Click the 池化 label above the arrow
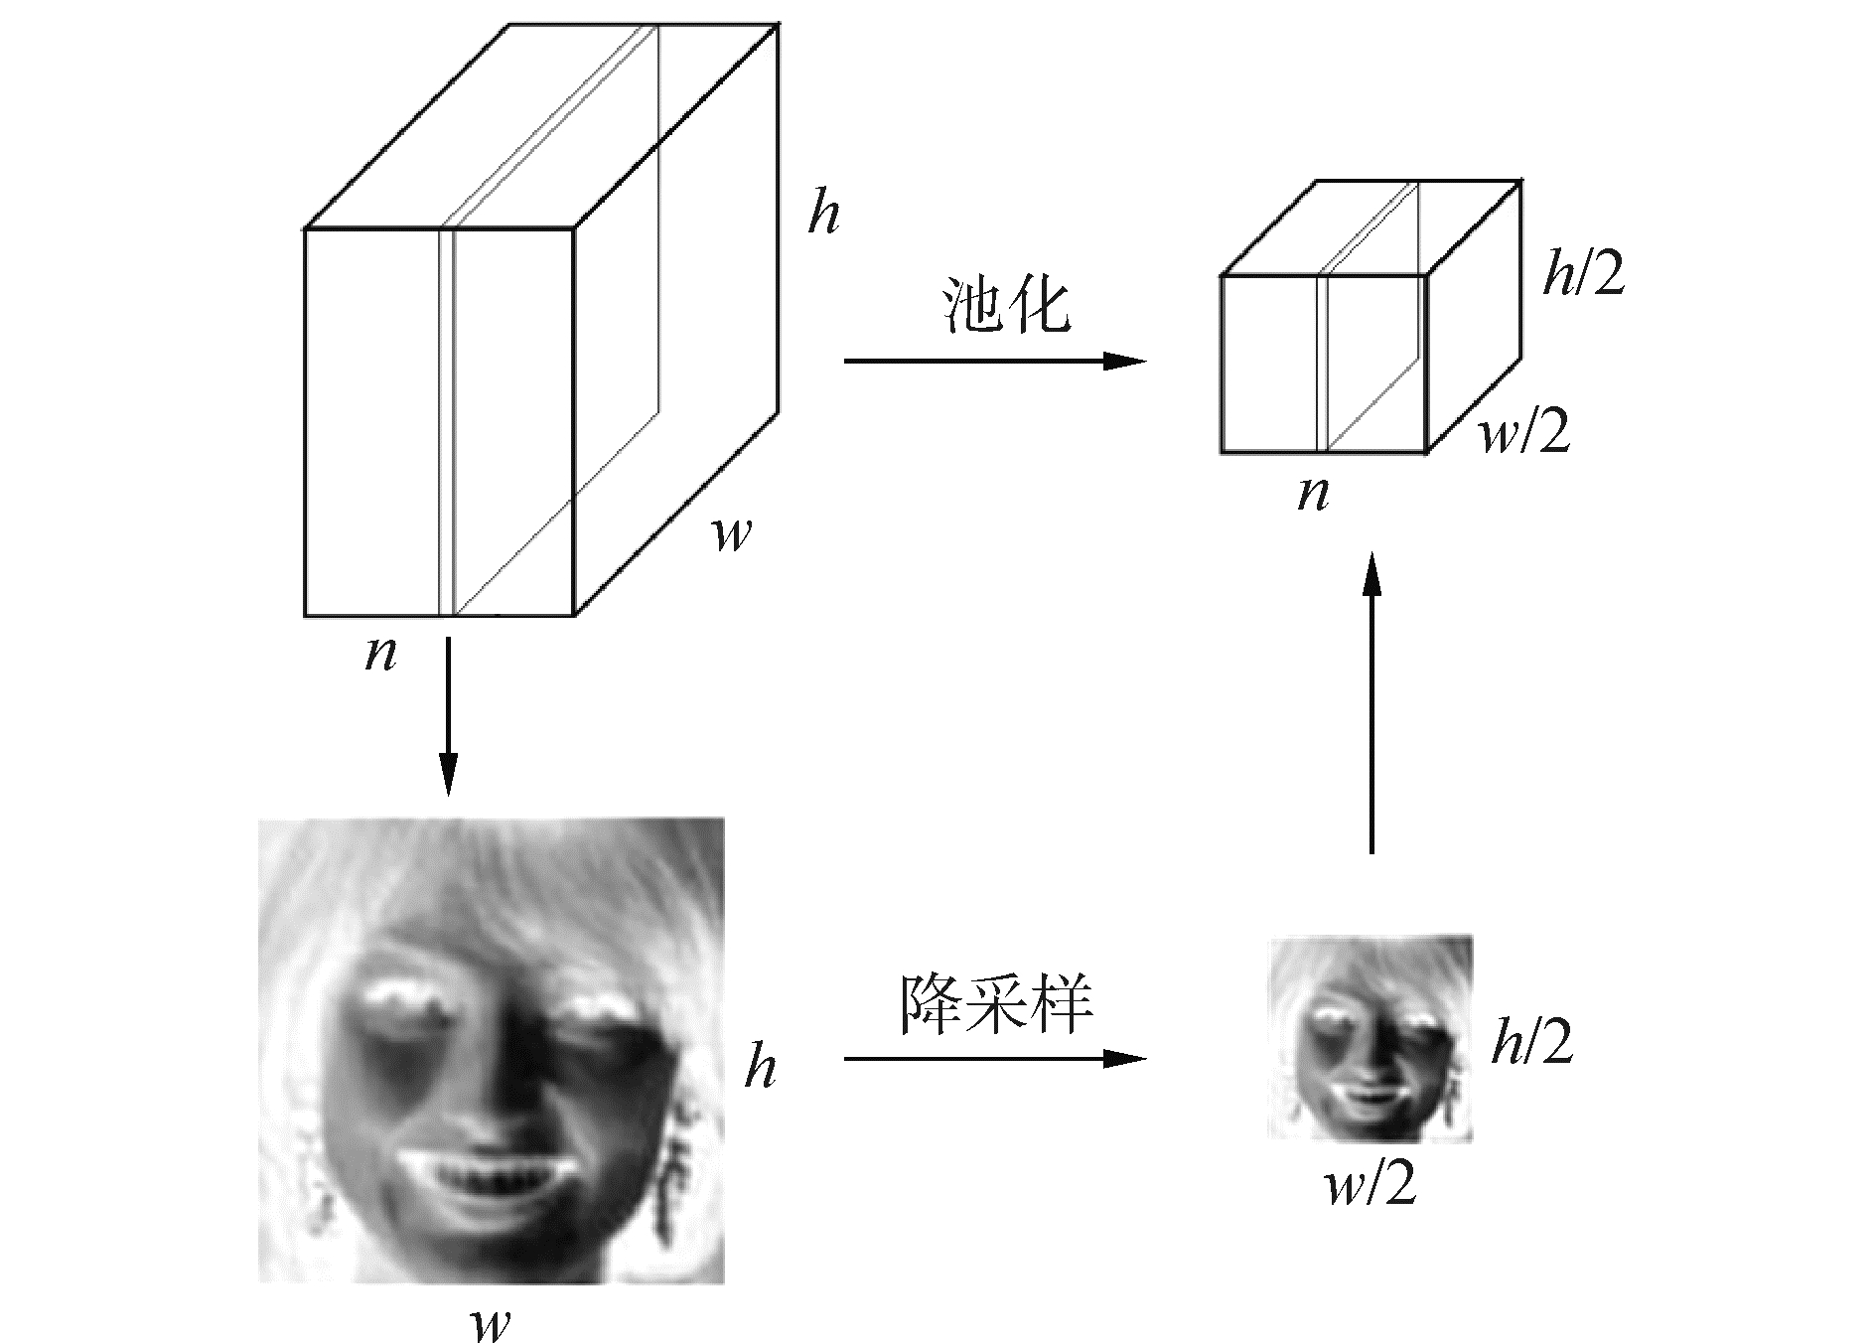[x=1004, y=307]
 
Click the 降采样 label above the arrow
[x=995, y=1005]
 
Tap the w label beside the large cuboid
[x=732, y=535]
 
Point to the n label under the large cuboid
[x=380, y=654]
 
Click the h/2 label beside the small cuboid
[x=1583, y=273]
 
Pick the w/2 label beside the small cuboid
[x=1525, y=433]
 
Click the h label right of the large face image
[x=760, y=1068]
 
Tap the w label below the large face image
[x=491, y=1322]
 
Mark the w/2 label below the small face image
[x=1371, y=1185]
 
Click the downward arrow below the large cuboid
[x=448, y=715]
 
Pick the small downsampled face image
[x=1370, y=1038]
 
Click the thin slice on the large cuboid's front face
[x=446, y=422]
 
